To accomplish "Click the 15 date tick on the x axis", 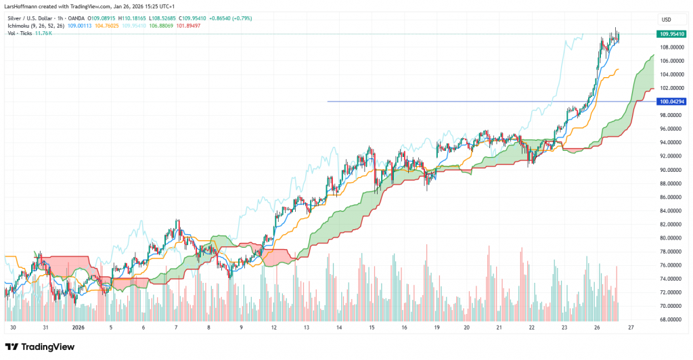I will pyautogui.click(x=372, y=328).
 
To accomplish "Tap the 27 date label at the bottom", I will pyautogui.click(x=630, y=328).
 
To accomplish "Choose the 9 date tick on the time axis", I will pyautogui.click(x=242, y=328).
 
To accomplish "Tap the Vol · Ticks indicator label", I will pyautogui.click(x=21, y=34).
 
